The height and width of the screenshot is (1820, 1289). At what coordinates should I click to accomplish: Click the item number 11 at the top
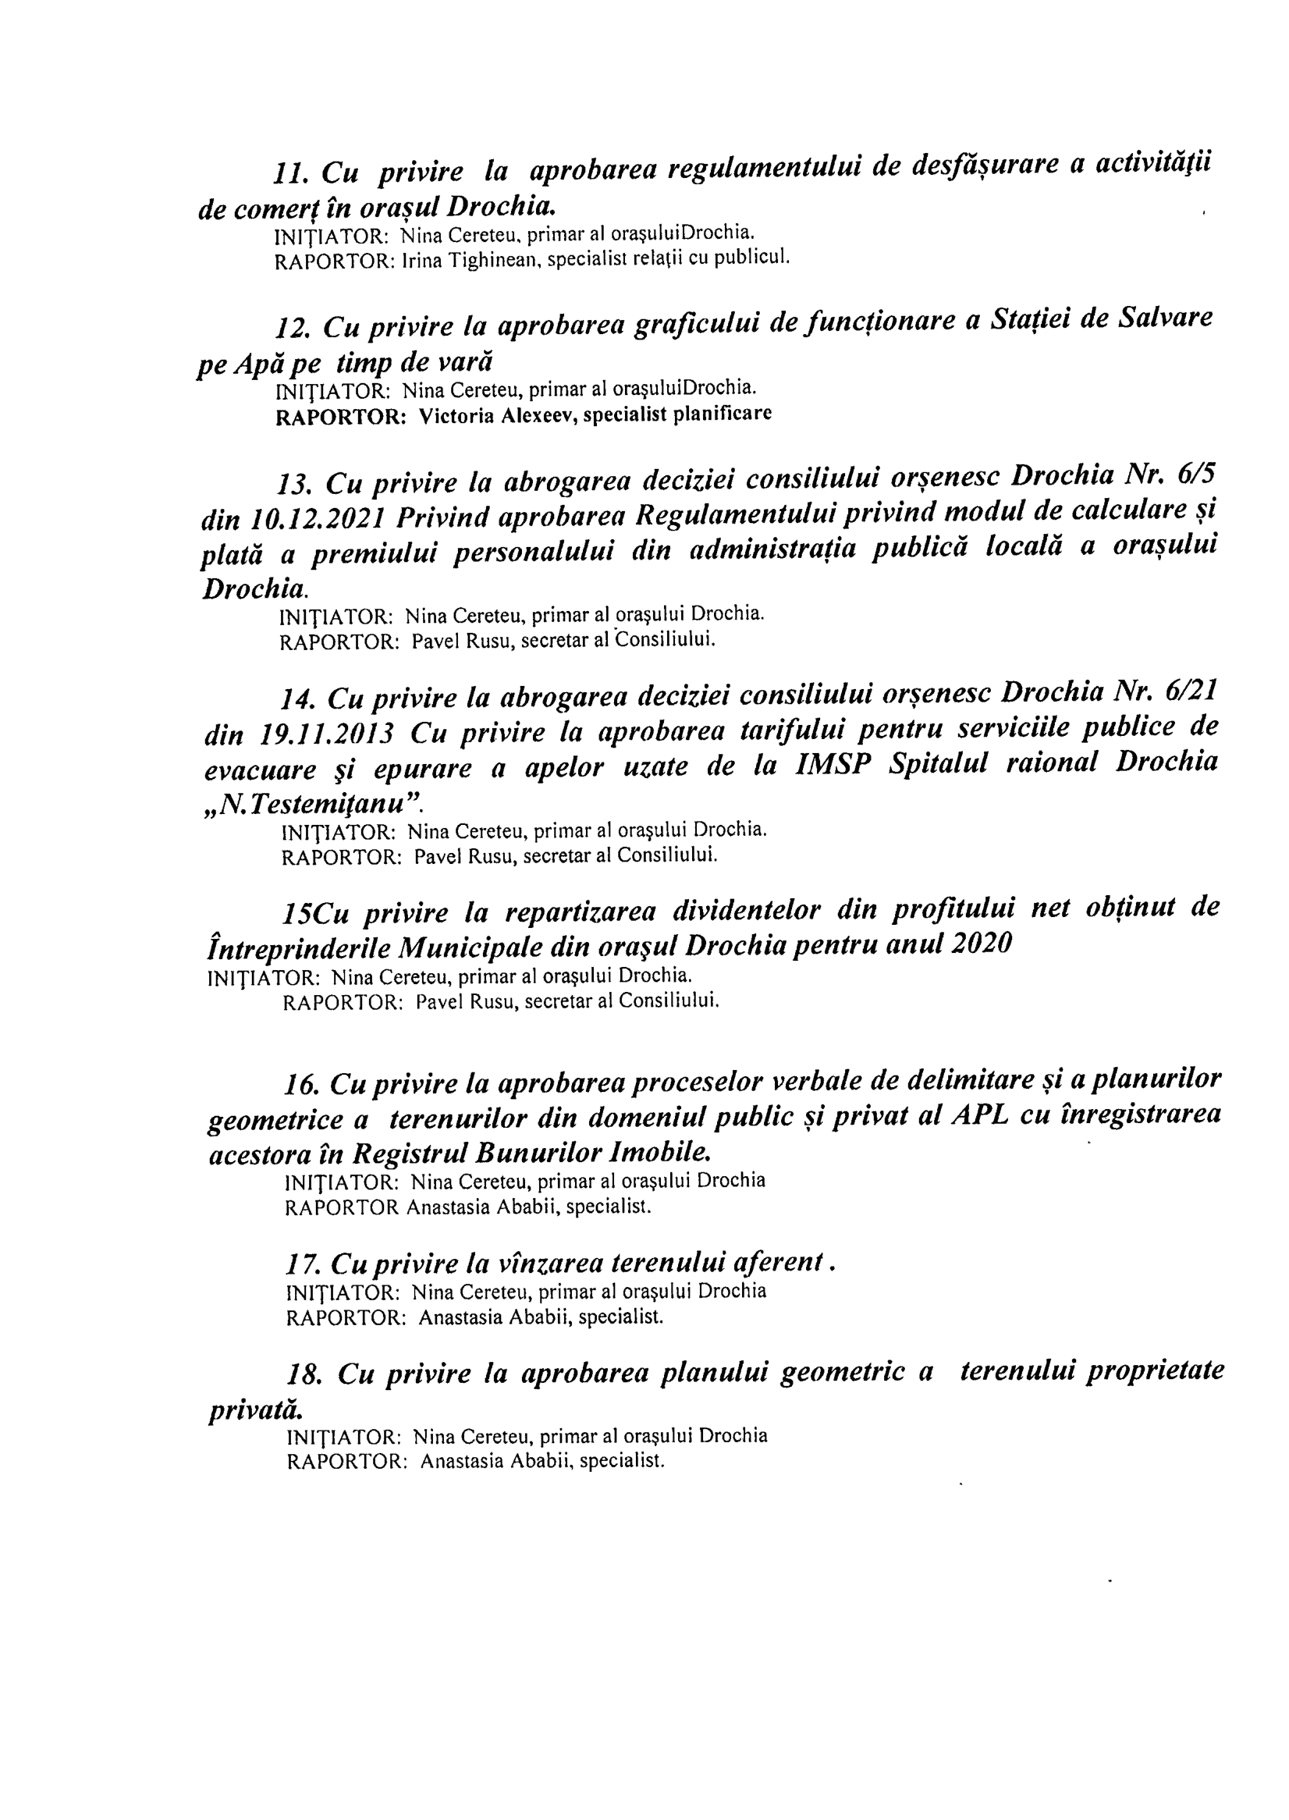tap(290, 172)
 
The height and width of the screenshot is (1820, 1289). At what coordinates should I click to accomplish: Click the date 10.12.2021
tap(318, 518)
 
